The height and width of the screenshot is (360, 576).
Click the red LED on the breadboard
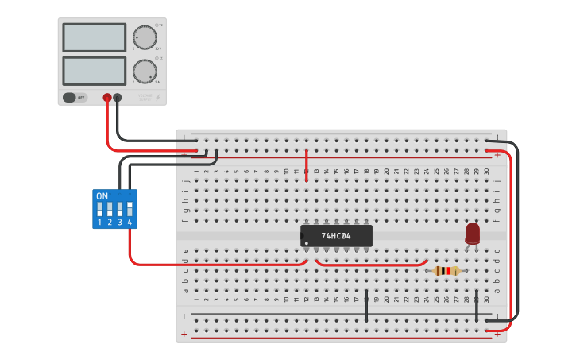coord(473,233)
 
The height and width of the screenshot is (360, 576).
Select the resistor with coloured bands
coord(447,271)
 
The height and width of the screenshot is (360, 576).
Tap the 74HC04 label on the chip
coord(336,236)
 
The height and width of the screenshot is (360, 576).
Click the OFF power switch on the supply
coord(75,98)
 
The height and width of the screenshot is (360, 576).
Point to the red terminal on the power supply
coord(107,98)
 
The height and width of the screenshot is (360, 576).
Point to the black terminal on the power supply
coord(118,98)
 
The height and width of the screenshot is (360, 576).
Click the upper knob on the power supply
coord(145,37)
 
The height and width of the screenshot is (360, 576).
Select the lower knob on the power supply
coord(145,71)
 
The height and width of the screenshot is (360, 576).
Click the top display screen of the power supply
coord(94,37)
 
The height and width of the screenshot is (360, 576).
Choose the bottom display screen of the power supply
coord(94,70)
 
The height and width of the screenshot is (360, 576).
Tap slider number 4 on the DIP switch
coord(129,210)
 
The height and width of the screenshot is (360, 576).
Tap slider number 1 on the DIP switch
coord(99,210)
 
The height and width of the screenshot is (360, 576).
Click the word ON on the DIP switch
coord(102,195)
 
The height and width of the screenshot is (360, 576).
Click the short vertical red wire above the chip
coord(307,165)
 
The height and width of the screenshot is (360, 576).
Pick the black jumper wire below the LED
coord(477,306)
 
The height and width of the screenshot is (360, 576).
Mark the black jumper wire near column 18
coord(366,306)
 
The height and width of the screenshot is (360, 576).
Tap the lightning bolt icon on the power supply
coord(159,98)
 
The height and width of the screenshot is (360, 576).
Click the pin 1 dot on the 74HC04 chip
coord(306,243)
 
